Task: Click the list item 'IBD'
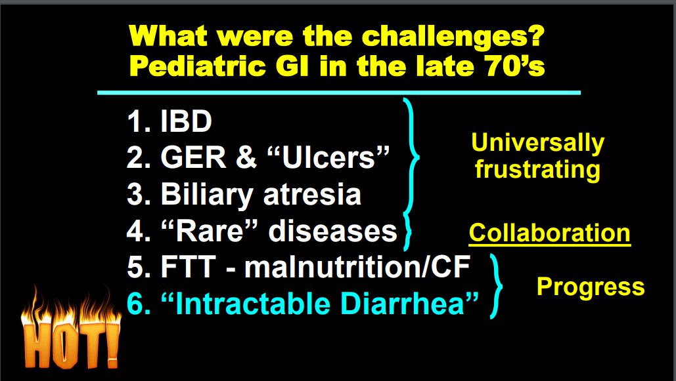tap(187, 121)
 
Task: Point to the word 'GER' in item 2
tap(193, 157)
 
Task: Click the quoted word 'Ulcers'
tap(328, 157)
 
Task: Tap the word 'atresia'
tap(312, 195)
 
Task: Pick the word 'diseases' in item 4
tap(333, 231)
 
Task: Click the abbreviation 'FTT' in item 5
tap(188, 268)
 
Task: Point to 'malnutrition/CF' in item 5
tap(357, 268)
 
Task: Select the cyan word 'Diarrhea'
tap(409, 303)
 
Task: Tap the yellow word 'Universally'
tap(537, 143)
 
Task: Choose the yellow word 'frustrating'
tap(537, 169)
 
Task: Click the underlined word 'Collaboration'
tap(550, 233)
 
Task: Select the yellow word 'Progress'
tap(591, 287)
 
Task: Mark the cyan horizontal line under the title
tap(339, 92)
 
